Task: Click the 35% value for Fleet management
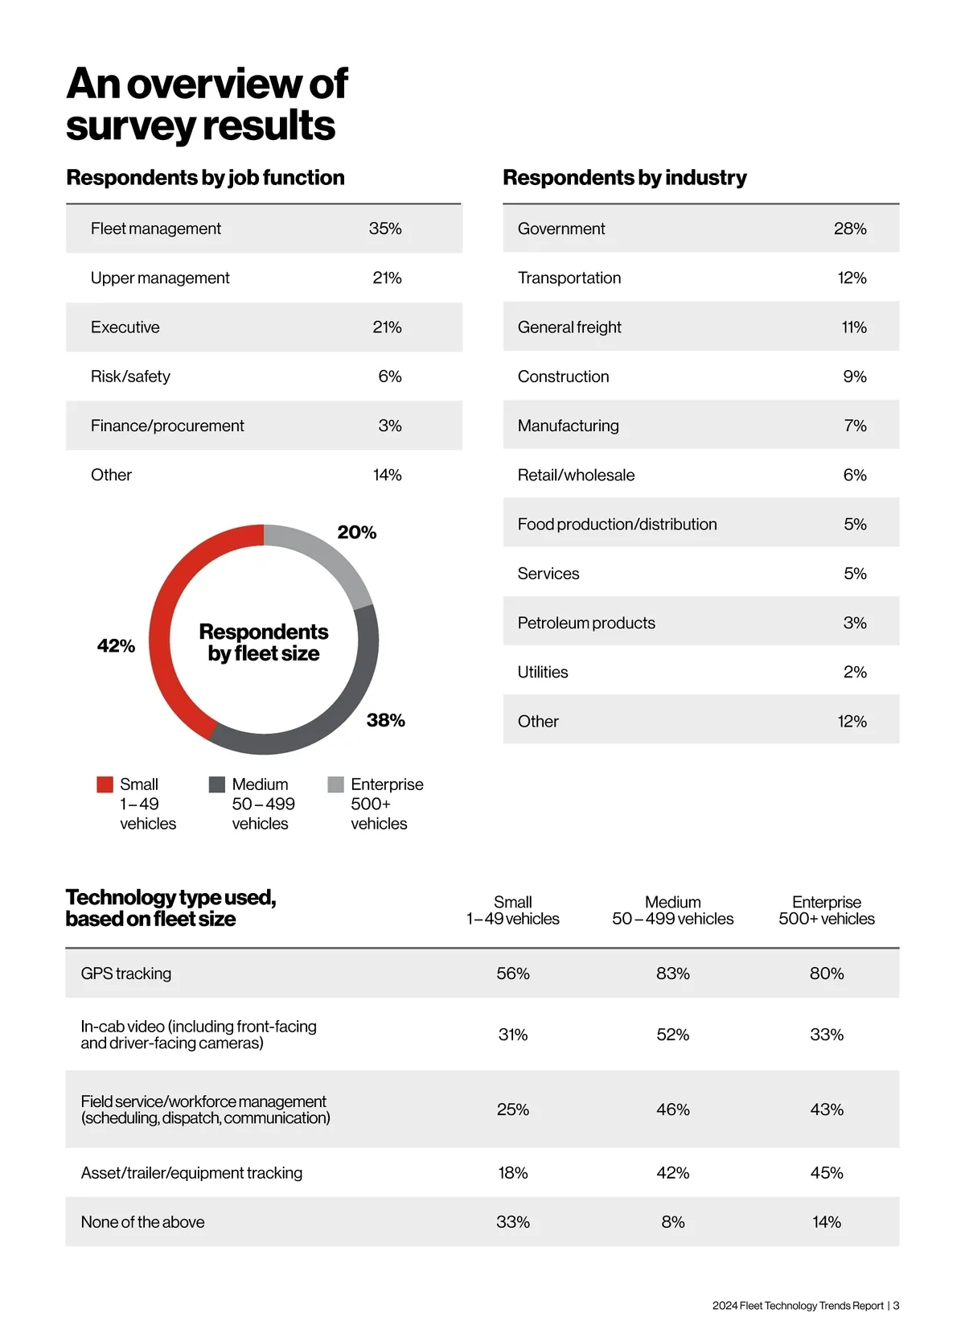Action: (x=385, y=228)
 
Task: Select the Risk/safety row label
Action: (x=130, y=377)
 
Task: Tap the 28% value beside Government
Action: (x=850, y=228)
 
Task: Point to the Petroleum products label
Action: (x=586, y=623)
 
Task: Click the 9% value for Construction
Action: (x=855, y=377)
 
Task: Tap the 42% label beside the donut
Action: (x=116, y=646)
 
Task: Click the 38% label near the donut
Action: (x=386, y=720)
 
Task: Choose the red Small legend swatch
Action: (x=105, y=784)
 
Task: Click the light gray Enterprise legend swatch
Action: (x=336, y=784)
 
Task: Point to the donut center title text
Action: (x=264, y=642)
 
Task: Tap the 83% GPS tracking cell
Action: (x=673, y=974)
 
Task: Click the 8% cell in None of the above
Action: (x=673, y=1222)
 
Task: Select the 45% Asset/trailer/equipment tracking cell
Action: (x=827, y=1173)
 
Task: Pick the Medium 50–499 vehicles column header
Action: (x=673, y=911)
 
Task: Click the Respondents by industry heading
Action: (x=625, y=178)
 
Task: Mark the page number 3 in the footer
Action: (x=897, y=1306)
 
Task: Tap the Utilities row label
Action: (x=543, y=672)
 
